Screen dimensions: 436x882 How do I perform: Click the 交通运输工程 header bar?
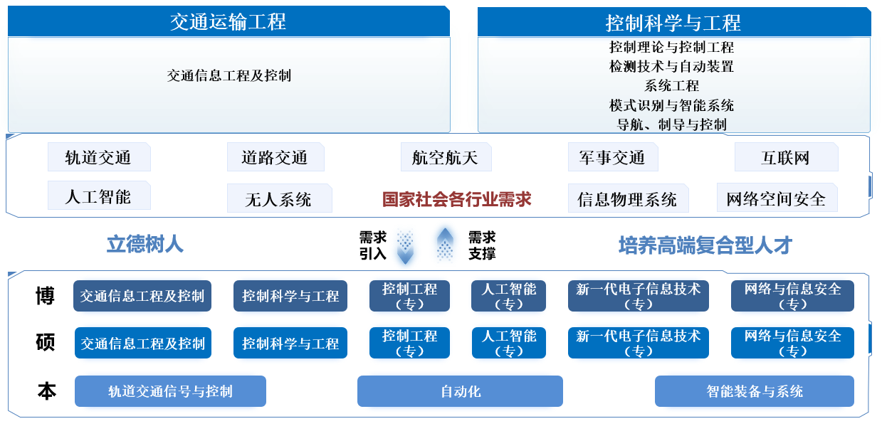[229, 22]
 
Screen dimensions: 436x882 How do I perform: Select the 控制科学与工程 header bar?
[673, 23]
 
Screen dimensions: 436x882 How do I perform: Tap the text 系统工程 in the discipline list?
[672, 86]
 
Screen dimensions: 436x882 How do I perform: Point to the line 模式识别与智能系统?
[672, 105]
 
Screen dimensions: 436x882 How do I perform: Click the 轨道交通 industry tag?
[99, 157]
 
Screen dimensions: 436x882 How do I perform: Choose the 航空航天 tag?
[446, 157]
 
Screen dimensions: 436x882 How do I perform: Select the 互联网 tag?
[786, 157]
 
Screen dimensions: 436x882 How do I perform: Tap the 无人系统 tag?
[279, 199]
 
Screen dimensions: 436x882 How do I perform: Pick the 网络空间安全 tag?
[777, 198]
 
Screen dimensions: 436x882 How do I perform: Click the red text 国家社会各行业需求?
[457, 199]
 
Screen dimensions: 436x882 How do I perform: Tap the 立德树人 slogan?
[145, 245]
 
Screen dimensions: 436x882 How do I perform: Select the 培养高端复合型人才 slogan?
[705, 246]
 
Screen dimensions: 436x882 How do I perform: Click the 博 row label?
[46, 296]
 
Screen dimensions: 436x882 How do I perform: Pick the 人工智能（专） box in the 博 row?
[508, 296]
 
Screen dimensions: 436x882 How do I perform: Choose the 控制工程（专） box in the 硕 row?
[409, 343]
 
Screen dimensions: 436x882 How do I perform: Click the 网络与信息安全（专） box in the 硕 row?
[792, 343]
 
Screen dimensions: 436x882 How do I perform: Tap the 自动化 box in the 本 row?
[460, 391]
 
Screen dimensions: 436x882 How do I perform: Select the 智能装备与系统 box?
[754, 391]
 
